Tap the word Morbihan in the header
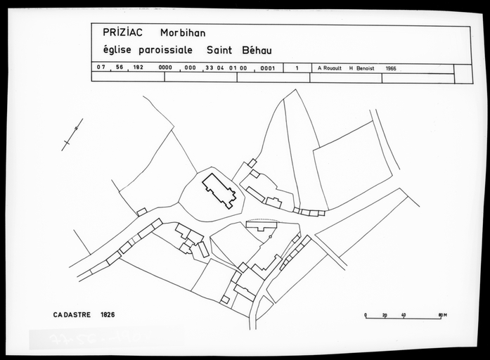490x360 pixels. pos(184,32)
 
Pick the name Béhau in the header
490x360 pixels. pos(257,51)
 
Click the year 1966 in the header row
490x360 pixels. pos(391,68)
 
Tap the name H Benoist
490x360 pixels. pos(361,68)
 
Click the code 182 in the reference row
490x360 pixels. pos(138,68)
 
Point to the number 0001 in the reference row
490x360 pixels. pos(267,68)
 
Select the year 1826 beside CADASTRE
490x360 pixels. pos(108,314)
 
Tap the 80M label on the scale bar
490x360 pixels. pos(442,315)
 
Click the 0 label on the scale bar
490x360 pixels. pos(365,315)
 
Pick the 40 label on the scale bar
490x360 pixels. pos(404,315)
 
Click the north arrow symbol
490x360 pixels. pos(72,134)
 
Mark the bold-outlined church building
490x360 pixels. pos(219,191)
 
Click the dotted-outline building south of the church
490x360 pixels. pos(262,225)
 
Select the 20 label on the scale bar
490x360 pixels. pos(385,315)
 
